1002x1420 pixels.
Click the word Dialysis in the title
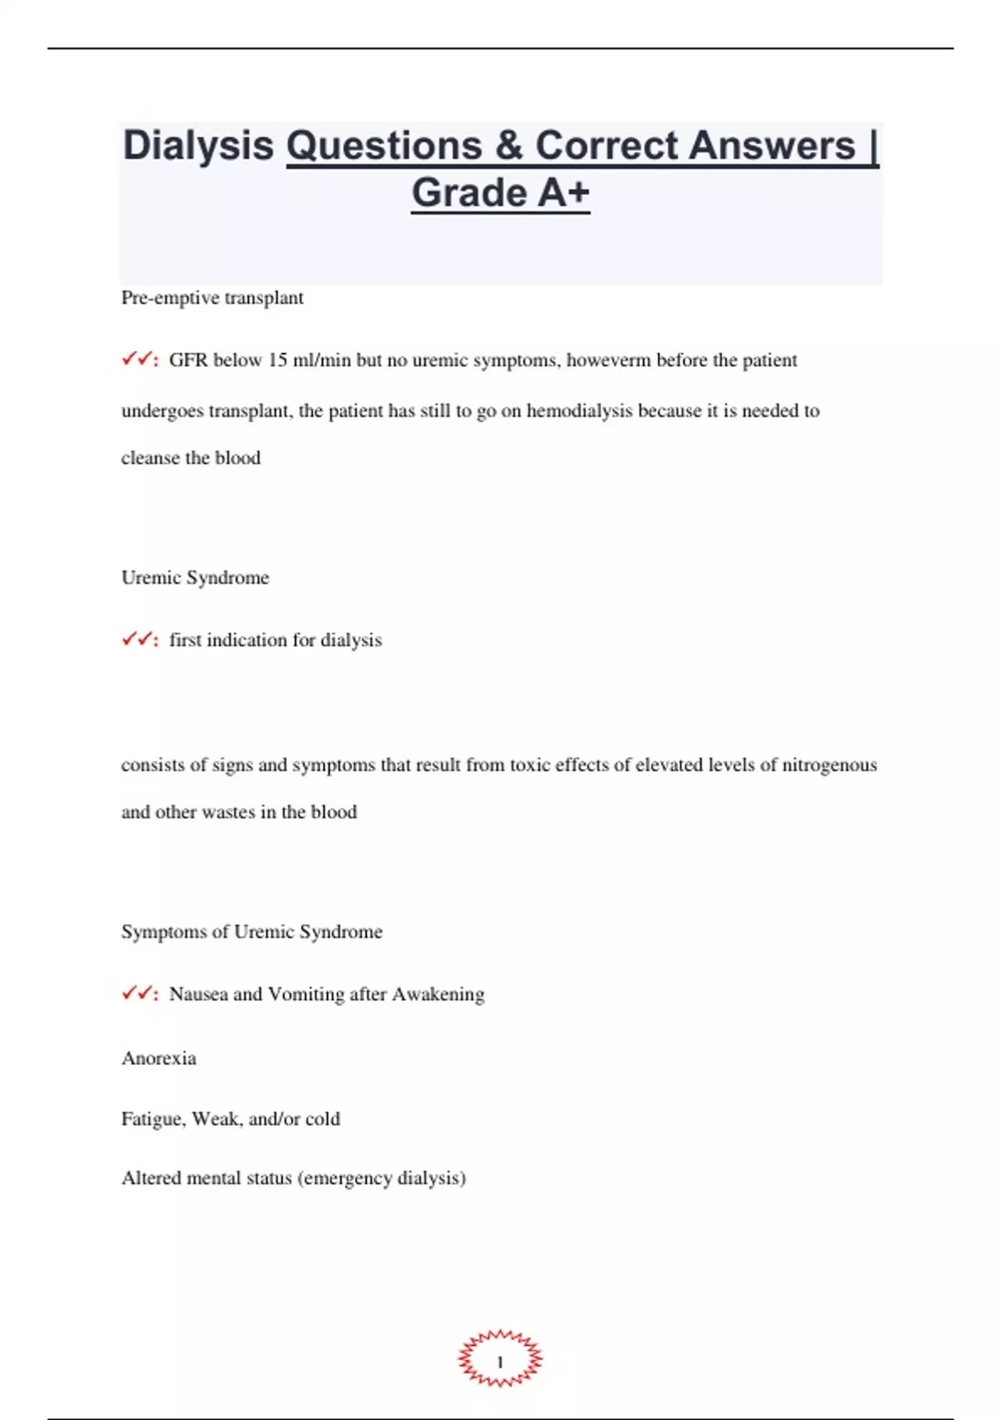[x=198, y=146]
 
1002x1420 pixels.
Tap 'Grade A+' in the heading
[x=500, y=193]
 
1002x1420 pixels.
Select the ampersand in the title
[x=508, y=146]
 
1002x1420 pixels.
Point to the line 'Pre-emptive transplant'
[x=212, y=298]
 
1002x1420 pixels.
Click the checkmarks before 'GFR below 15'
[x=139, y=360]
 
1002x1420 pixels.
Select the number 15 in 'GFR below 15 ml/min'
[x=277, y=360]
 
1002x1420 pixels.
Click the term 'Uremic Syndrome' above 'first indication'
[x=195, y=578]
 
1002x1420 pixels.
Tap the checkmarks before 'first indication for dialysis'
[x=139, y=640]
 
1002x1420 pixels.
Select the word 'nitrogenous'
[x=829, y=765]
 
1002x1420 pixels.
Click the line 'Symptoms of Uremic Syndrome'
[x=251, y=932]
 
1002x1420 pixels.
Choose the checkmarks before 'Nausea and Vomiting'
[x=139, y=994]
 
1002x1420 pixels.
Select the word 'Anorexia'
[x=159, y=1058]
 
